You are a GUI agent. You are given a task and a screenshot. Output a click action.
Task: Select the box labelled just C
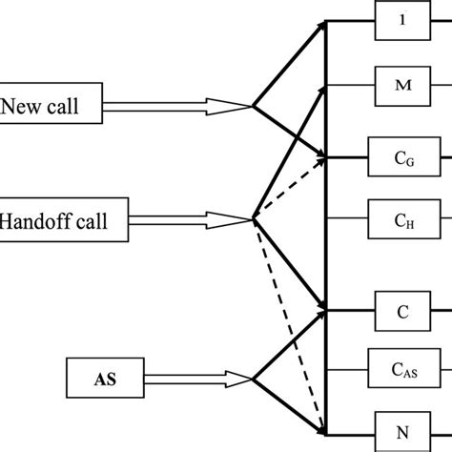(x=404, y=312)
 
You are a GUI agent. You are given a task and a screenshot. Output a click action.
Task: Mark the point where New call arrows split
(x=253, y=108)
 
